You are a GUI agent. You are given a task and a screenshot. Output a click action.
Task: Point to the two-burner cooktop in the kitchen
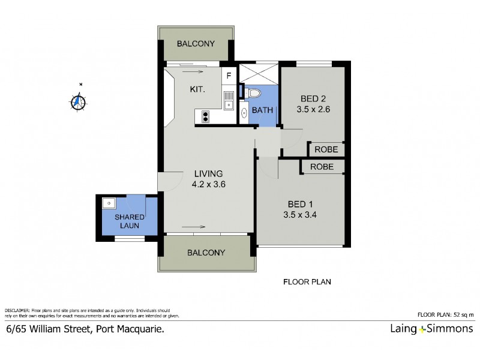pyautogui.click(x=205, y=116)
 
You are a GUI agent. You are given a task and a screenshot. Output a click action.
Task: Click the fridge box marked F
pyautogui.click(x=229, y=76)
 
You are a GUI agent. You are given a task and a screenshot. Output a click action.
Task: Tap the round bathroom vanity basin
pyautogui.click(x=244, y=112)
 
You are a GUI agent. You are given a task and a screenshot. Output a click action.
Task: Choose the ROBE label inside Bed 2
pyautogui.click(x=326, y=149)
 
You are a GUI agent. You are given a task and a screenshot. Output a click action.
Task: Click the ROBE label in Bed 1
pyautogui.click(x=322, y=167)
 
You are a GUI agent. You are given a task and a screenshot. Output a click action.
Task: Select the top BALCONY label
pyautogui.click(x=196, y=43)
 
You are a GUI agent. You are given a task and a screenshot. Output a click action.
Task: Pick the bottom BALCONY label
pyautogui.click(x=206, y=252)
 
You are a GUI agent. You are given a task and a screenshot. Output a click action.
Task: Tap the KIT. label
pyautogui.click(x=198, y=89)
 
